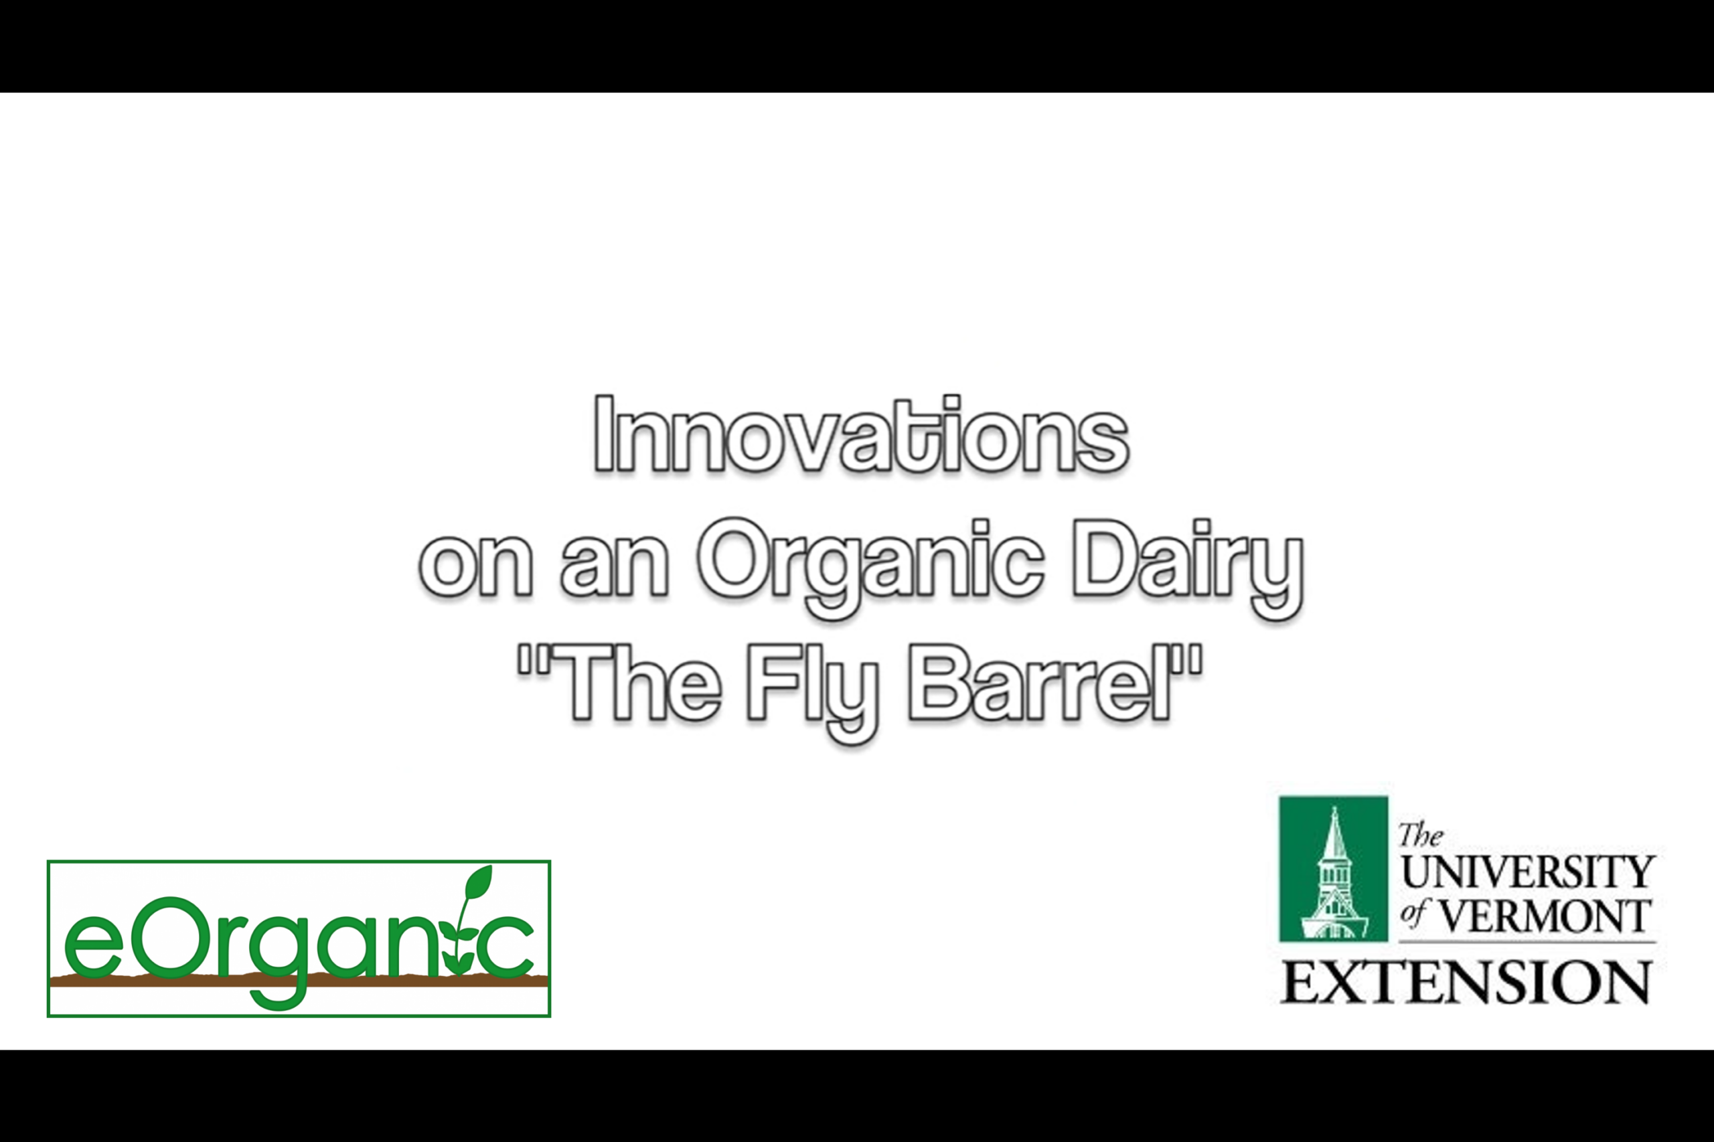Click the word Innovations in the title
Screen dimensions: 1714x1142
tap(861, 434)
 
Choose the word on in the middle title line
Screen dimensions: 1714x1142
tap(475, 568)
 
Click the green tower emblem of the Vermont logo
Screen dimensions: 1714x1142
tap(1333, 869)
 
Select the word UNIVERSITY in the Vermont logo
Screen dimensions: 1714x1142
tap(1527, 871)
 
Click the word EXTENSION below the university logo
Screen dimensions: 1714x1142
tap(1466, 983)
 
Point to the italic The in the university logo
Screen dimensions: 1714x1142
tap(1421, 835)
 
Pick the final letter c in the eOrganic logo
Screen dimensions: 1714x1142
tap(508, 947)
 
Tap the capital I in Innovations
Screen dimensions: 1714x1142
tap(603, 434)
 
